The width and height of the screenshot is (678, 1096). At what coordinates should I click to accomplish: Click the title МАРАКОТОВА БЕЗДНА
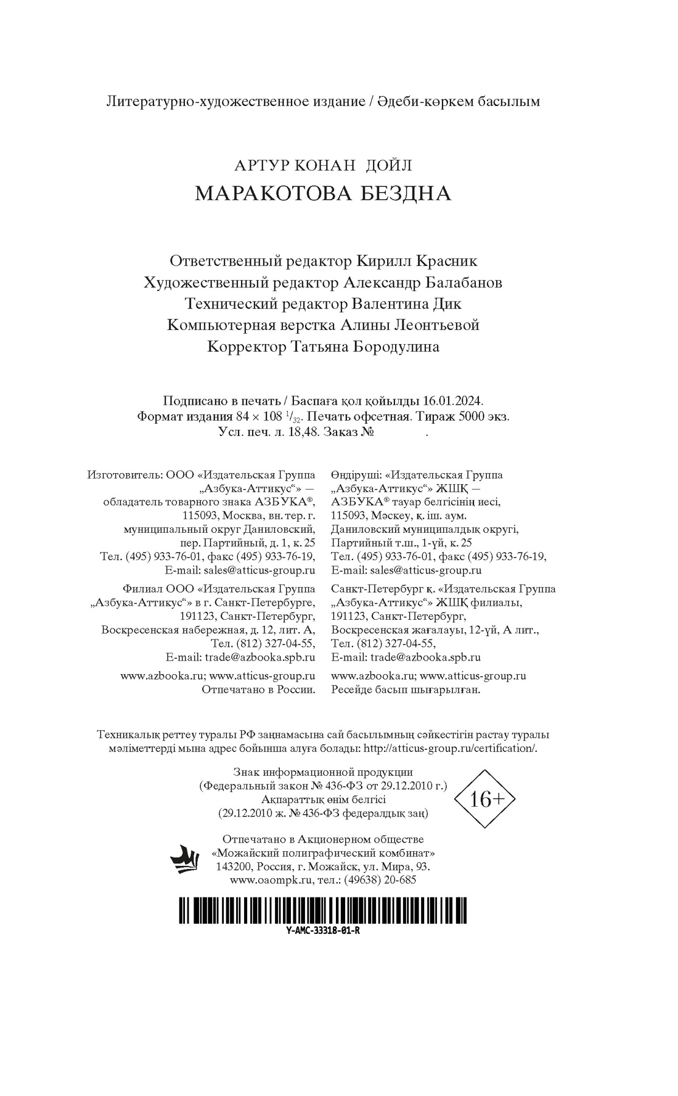click(x=323, y=194)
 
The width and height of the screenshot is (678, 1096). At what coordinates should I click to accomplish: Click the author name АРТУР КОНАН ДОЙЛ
click(x=323, y=165)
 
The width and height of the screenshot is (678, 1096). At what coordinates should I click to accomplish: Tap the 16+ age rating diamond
click(x=484, y=800)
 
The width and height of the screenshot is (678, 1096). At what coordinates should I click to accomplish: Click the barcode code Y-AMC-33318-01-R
click(x=323, y=931)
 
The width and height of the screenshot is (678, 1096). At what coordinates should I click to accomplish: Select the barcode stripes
click(x=323, y=911)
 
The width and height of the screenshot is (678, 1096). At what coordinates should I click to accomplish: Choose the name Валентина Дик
click(x=406, y=303)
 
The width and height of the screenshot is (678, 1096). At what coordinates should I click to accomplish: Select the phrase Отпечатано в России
click(x=258, y=690)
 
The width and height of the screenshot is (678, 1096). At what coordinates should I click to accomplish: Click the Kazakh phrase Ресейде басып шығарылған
click(x=405, y=690)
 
